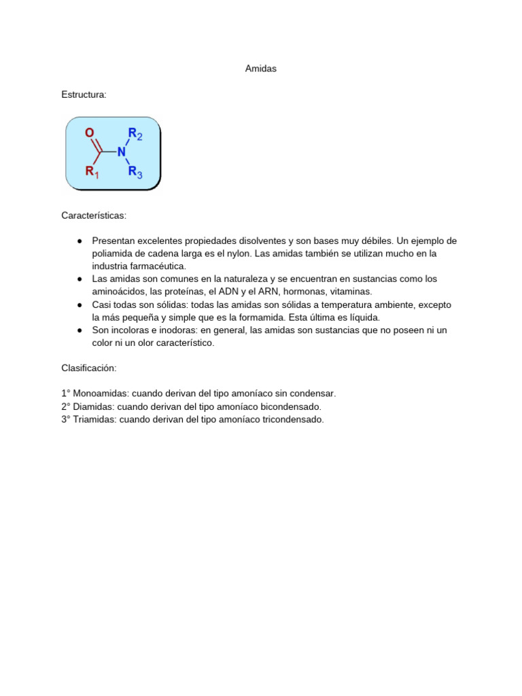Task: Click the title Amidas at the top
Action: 260,69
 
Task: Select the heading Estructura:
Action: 84,94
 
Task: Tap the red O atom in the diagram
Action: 89,134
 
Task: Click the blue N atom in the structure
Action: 121,152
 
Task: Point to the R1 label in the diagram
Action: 92,172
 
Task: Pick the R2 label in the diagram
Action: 135,134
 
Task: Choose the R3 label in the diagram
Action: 135,172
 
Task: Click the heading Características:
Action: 94,215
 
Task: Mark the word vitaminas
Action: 349,292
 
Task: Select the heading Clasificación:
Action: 89,368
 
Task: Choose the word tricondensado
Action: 293,419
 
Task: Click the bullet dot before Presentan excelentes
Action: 80,241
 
